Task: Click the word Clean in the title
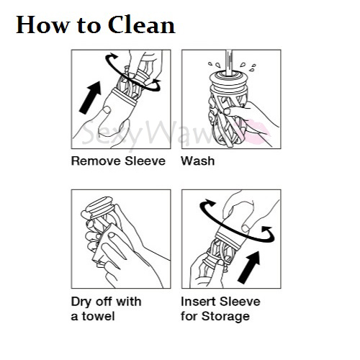click(142, 24)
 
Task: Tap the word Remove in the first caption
click(96, 161)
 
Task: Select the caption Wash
click(198, 161)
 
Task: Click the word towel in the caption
click(99, 316)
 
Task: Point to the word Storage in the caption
click(225, 317)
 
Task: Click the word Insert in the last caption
click(198, 302)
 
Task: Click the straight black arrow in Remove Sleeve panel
click(91, 97)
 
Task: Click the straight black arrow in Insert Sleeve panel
click(249, 267)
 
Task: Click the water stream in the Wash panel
click(229, 62)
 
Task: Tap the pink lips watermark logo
click(258, 132)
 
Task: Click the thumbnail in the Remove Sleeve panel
click(107, 109)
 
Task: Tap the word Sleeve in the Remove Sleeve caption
click(145, 161)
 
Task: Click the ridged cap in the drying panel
click(100, 205)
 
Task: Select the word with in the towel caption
click(129, 302)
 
